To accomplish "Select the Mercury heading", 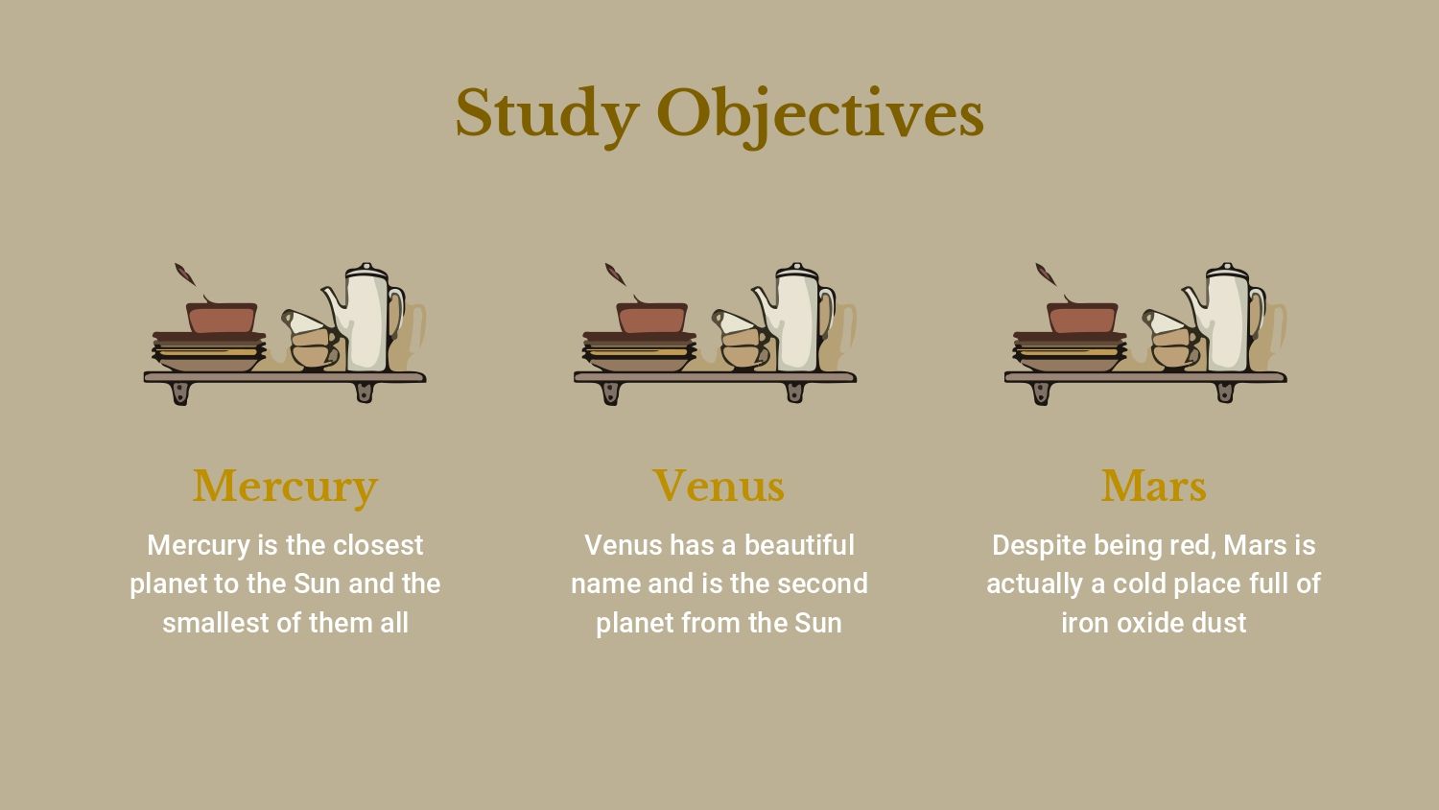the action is pos(285,488).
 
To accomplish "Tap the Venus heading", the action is pos(719,486).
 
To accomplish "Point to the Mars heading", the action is pos(1154,486).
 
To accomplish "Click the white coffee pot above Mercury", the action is pos(365,319).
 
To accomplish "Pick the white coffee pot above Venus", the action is pos(795,319).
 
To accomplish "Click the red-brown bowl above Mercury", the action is pos(222,318).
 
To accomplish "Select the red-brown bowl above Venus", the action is pos(652,318).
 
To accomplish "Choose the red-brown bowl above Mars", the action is pos(1082,318).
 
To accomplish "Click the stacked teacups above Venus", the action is pos(742,340).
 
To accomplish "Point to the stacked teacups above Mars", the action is pos(1172,340).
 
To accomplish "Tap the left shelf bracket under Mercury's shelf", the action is pos(180,393).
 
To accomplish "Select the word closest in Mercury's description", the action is pos(378,545).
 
